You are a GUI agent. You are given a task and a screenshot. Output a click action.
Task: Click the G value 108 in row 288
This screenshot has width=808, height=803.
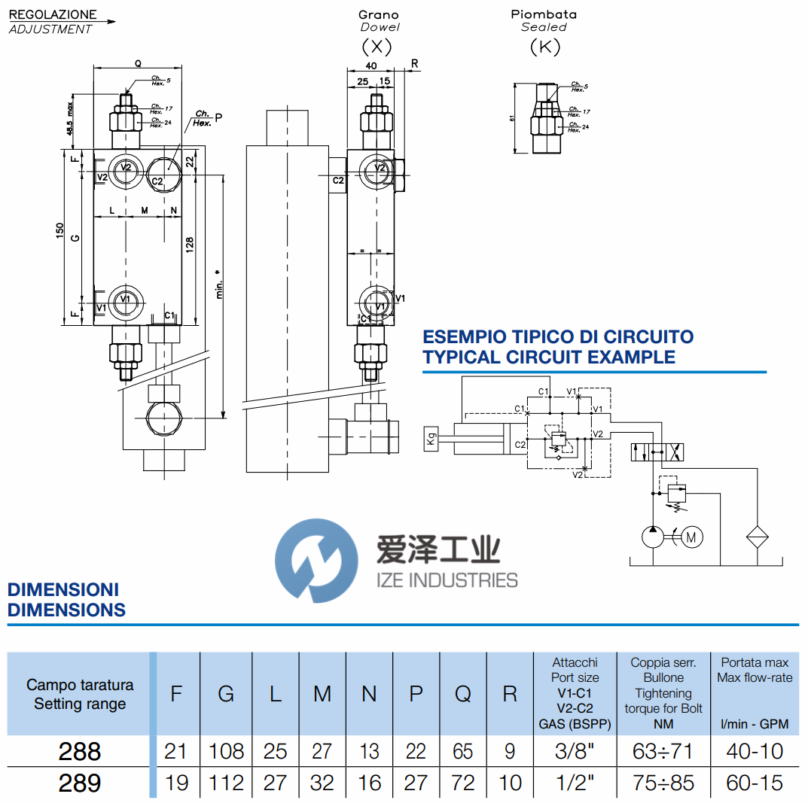[226, 751]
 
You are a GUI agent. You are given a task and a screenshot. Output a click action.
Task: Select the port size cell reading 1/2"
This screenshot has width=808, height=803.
[575, 783]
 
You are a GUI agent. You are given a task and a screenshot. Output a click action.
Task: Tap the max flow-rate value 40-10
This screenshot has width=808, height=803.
[755, 751]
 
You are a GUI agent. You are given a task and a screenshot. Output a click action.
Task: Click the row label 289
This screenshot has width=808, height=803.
[79, 783]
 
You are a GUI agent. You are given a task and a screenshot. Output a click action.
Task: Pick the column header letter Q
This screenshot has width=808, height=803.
[462, 693]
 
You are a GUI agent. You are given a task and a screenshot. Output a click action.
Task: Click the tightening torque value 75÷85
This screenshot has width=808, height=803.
[663, 783]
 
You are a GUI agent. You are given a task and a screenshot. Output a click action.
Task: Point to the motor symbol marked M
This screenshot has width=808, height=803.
[692, 537]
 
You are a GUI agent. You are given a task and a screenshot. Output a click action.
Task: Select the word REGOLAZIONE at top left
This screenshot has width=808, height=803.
[53, 14]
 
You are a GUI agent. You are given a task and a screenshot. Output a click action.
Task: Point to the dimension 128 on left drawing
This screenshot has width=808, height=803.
[190, 245]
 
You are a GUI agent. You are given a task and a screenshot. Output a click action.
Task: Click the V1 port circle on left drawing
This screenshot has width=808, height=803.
[125, 300]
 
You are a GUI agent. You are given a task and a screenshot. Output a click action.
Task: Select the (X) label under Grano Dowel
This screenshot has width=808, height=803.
[377, 47]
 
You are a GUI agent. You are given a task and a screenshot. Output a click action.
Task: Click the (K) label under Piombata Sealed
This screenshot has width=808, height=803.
[544, 47]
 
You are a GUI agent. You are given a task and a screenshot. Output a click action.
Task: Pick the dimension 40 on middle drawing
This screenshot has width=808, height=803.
[370, 66]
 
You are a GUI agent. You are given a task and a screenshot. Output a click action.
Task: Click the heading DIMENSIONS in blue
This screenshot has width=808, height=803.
[66, 610]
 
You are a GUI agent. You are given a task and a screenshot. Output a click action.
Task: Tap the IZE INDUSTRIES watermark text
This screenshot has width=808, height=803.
[446, 579]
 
